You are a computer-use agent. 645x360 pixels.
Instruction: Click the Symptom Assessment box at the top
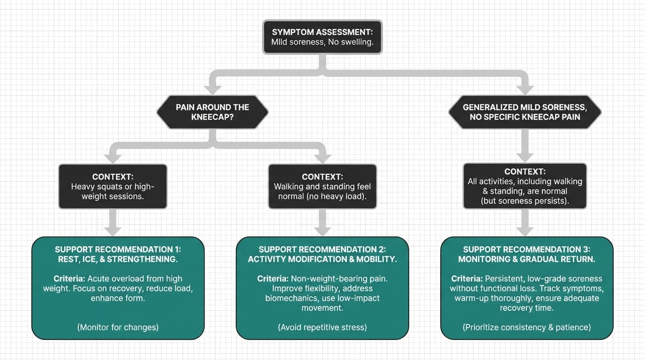[322, 37]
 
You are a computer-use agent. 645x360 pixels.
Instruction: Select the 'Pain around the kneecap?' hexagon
[212, 112]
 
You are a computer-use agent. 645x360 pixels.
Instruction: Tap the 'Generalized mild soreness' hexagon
[525, 112]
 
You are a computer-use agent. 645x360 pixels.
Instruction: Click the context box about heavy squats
[112, 187]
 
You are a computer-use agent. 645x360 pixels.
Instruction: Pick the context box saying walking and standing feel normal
[322, 187]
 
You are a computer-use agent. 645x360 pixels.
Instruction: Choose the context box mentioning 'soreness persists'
[525, 186]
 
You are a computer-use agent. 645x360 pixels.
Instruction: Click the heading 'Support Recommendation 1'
[118, 249]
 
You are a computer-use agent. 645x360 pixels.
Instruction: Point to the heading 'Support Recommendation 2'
[322, 249]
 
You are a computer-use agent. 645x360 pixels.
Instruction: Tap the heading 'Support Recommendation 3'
[526, 249]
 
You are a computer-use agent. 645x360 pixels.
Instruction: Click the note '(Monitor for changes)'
[118, 327]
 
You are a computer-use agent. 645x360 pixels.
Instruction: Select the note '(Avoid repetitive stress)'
[322, 327]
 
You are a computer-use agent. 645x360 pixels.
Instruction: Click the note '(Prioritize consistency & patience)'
[526, 327]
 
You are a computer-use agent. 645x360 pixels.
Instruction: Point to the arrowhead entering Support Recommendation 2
[322, 230]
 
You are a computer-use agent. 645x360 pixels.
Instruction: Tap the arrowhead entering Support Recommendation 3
[525, 230]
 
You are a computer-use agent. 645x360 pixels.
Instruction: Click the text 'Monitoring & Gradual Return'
[526, 259]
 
